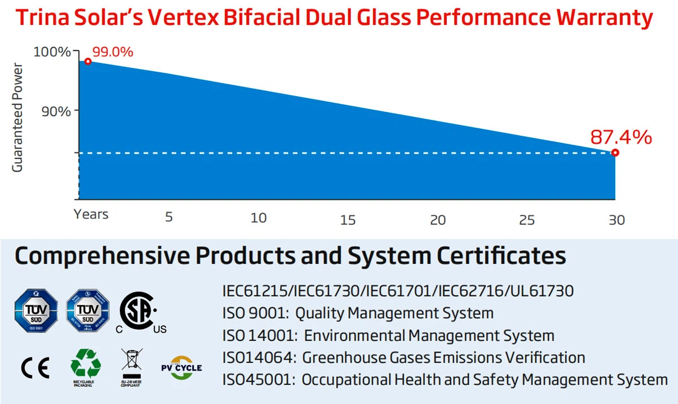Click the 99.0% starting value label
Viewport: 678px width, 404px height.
click(x=112, y=52)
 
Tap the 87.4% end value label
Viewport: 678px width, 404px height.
click(x=621, y=137)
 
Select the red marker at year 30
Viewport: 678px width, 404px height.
click(x=615, y=153)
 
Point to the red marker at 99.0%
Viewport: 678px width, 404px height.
click(x=88, y=61)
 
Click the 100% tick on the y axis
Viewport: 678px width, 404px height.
click(x=52, y=52)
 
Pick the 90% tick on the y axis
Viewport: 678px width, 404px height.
click(x=56, y=111)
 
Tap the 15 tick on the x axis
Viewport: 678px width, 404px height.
click(x=348, y=220)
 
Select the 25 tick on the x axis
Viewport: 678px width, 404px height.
click(x=527, y=220)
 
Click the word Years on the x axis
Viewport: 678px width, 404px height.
click(x=91, y=214)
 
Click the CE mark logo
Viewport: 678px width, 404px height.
click(x=35, y=368)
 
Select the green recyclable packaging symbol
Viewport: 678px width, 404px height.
click(x=85, y=366)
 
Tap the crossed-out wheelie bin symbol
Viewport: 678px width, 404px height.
click(x=132, y=364)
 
